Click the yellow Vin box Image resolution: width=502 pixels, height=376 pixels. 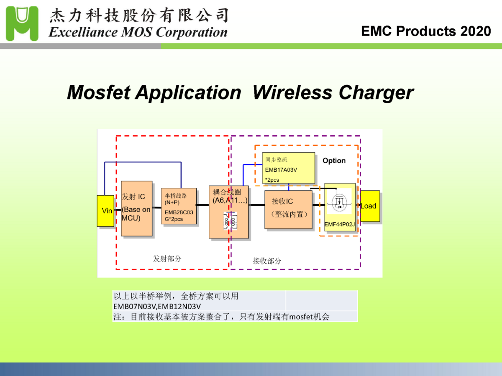tap(105, 211)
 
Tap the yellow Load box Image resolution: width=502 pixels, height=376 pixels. tap(370, 206)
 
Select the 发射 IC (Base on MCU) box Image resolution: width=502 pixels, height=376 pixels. tap(136, 208)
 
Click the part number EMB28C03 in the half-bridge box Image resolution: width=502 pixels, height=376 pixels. tap(179, 212)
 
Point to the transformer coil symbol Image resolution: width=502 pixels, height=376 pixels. tap(230, 221)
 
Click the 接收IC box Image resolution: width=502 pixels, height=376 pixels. tap(288, 209)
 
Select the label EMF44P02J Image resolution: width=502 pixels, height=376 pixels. tap(339, 224)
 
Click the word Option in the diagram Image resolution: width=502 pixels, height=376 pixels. tap(334, 161)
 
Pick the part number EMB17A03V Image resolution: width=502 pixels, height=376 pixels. tap(281, 170)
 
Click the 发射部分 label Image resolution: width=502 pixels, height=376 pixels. tap(167, 259)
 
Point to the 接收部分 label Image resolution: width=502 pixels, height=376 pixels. tap(267, 261)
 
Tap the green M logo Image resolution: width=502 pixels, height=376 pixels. tap(22, 24)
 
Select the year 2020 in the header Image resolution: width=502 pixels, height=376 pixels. tap(476, 31)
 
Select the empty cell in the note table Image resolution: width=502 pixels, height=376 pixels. tap(321, 301)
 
